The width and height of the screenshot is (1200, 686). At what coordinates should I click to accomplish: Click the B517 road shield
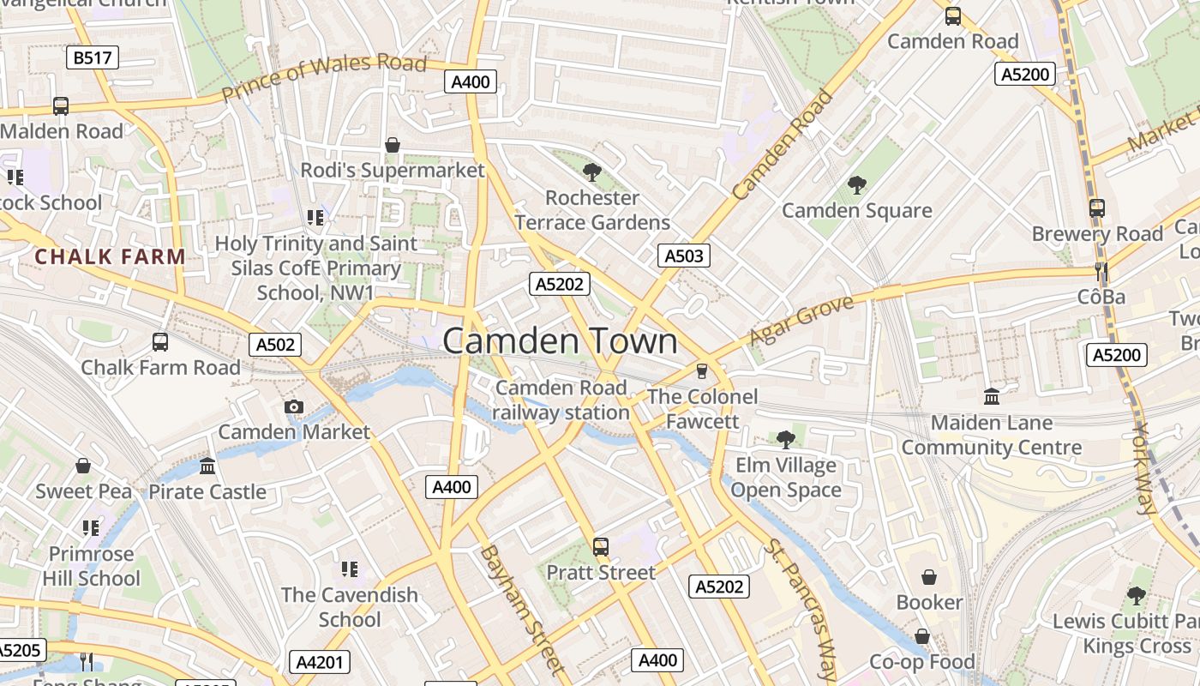coord(92,57)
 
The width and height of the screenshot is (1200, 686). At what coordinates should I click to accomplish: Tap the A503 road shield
coord(684,255)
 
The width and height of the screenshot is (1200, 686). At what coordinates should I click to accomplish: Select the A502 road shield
coord(276,345)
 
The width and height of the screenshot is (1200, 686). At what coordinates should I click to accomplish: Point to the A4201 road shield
coord(319,662)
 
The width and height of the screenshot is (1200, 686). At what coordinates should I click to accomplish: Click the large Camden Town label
coord(560,341)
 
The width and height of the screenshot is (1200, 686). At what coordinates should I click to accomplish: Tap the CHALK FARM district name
coord(110,256)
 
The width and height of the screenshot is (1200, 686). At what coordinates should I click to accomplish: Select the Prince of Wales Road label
coord(323,76)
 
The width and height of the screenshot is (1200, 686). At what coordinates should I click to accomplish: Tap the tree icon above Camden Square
coord(856,184)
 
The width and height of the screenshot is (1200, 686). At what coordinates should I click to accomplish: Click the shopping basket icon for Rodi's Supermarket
coord(393,145)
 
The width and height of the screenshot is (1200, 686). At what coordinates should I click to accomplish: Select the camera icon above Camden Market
coord(294,406)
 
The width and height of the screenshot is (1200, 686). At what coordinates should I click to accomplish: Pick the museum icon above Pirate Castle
coord(207,466)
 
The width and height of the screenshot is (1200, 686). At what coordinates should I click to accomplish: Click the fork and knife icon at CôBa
coord(1101,273)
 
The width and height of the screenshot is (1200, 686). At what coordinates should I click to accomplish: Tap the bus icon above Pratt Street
coord(601,546)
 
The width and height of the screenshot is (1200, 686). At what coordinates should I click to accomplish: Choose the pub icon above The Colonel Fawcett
coord(702,370)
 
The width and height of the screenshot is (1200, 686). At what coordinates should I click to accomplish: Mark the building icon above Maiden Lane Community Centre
coord(992,396)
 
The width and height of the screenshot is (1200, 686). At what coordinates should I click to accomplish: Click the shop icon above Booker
coord(929,577)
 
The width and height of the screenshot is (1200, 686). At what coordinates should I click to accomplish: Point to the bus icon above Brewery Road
coord(1097,208)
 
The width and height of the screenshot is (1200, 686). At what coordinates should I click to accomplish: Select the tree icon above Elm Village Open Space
coord(785,440)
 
